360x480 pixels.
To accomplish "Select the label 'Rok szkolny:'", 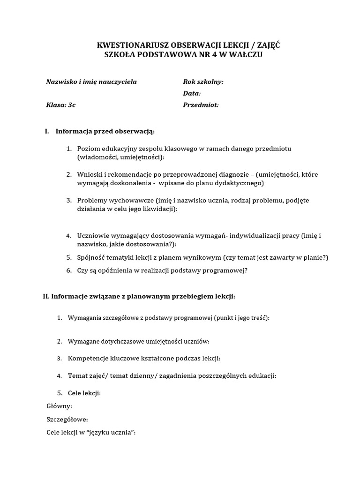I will (x=203, y=82).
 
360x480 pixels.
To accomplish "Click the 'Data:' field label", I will (x=192, y=93).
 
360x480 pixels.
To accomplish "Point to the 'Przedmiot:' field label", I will (x=201, y=105).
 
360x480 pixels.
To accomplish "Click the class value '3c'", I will (x=71, y=105).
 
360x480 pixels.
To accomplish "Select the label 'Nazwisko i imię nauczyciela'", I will (x=91, y=82).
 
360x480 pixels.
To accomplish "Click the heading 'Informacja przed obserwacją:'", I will (x=105, y=131).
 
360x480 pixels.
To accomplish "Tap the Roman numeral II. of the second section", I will (x=46, y=296).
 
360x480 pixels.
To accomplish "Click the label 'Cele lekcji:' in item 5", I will (x=84, y=393).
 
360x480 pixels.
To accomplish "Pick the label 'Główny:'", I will (x=60, y=406).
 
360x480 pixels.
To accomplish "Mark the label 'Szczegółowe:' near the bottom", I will (x=67, y=420).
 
